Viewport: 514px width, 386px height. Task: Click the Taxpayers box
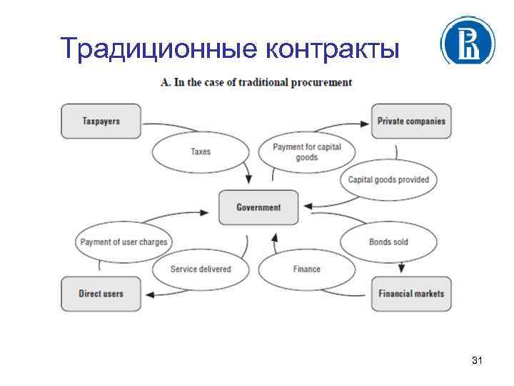(101, 121)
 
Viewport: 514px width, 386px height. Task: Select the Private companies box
(411, 121)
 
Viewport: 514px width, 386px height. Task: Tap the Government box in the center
(258, 207)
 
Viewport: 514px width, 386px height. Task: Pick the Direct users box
(101, 293)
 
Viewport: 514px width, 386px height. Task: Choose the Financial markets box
(411, 293)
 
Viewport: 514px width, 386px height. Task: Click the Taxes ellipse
(201, 152)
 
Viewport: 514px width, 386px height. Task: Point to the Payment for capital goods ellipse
(307, 152)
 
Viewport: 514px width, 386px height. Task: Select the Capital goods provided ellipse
(388, 179)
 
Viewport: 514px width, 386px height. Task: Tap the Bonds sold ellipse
(388, 242)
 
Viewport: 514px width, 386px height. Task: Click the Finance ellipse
(306, 269)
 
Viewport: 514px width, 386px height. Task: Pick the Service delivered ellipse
(201, 269)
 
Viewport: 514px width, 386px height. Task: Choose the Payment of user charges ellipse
(124, 242)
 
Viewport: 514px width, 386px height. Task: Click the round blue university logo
(468, 41)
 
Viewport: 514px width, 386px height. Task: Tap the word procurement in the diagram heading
(323, 82)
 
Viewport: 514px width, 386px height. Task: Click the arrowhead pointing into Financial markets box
(401, 269)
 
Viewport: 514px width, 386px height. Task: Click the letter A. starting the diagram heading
(166, 82)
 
